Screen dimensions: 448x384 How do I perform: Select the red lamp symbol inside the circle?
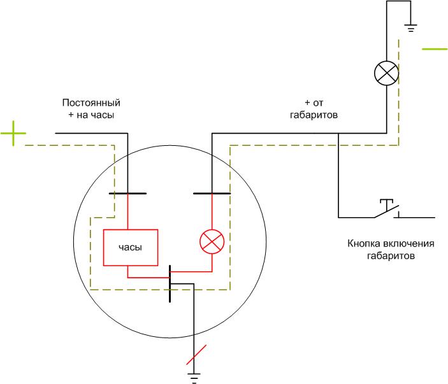pyautogui.click(x=212, y=241)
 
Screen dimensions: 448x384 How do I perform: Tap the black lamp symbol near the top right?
pyautogui.click(x=387, y=73)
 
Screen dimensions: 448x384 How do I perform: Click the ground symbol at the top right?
pyautogui.click(x=410, y=28)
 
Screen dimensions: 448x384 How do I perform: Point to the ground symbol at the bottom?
pyautogui.click(x=194, y=378)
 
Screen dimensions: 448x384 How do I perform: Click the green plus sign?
pyautogui.click(x=13, y=133)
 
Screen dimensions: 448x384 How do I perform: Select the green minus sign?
pyautogui.click(x=435, y=49)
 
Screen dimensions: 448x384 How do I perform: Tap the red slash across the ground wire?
pyautogui.click(x=196, y=355)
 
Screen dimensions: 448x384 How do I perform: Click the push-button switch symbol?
pyautogui.click(x=387, y=209)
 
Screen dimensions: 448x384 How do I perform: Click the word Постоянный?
pyautogui.click(x=91, y=103)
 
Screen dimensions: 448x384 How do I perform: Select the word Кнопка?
pyautogui.click(x=364, y=243)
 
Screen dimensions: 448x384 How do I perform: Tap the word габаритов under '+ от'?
pyautogui.click(x=314, y=115)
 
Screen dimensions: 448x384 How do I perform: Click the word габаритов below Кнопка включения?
pyautogui.click(x=391, y=256)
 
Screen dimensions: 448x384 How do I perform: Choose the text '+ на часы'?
pyautogui.click(x=91, y=115)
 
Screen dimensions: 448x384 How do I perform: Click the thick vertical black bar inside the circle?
pyautogui.click(x=170, y=283)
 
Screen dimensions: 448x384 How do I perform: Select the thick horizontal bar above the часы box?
pyautogui.click(x=127, y=194)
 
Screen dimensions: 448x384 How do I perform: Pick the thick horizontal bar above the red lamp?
pyautogui.click(x=212, y=194)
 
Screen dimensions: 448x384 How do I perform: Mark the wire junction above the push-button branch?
pyautogui.click(x=338, y=133)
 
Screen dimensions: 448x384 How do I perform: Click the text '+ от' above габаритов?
pyautogui.click(x=314, y=103)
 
